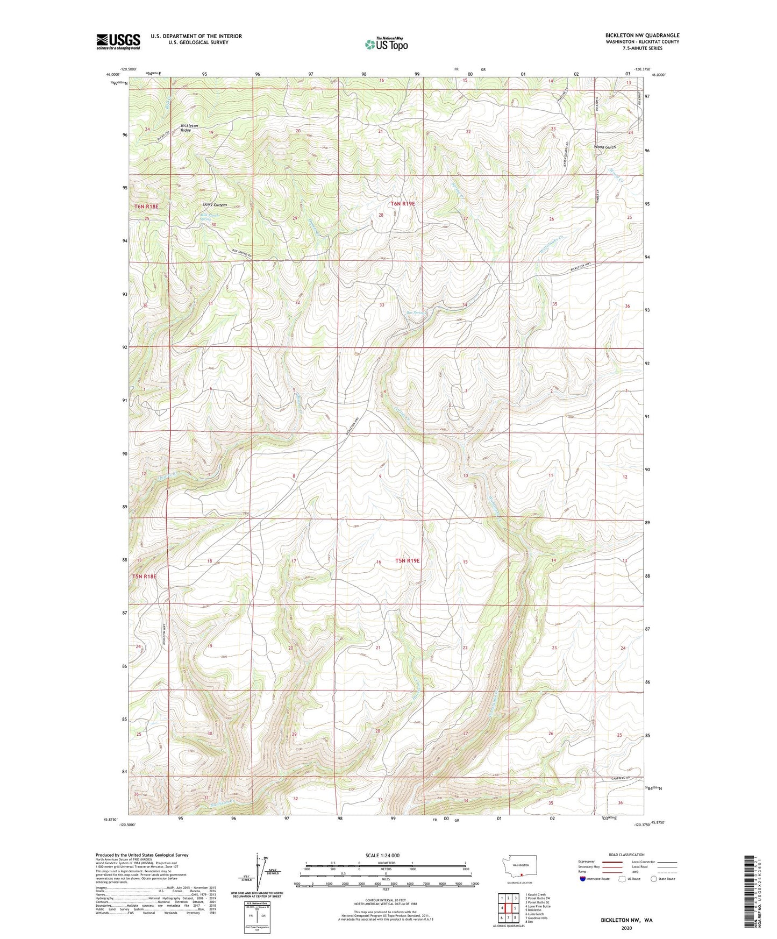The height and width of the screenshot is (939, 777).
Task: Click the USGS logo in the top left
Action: click(x=118, y=41)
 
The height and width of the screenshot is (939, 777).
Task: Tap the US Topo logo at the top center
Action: click(x=386, y=44)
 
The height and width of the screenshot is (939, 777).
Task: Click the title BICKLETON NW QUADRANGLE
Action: click(x=642, y=35)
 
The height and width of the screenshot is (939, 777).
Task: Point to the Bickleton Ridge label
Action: click(x=189, y=128)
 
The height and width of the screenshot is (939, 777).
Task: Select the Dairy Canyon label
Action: click(x=215, y=205)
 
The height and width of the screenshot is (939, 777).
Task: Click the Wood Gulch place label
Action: click(x=604, y=147)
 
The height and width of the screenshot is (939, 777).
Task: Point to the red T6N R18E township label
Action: click(x=146, y=207)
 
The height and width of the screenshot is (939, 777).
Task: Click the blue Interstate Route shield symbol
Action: click(x=583, y=879)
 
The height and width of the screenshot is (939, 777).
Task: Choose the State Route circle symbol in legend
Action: click(x=654, y=879)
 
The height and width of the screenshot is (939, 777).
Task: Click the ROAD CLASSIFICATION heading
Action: click(x=627, y=855)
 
